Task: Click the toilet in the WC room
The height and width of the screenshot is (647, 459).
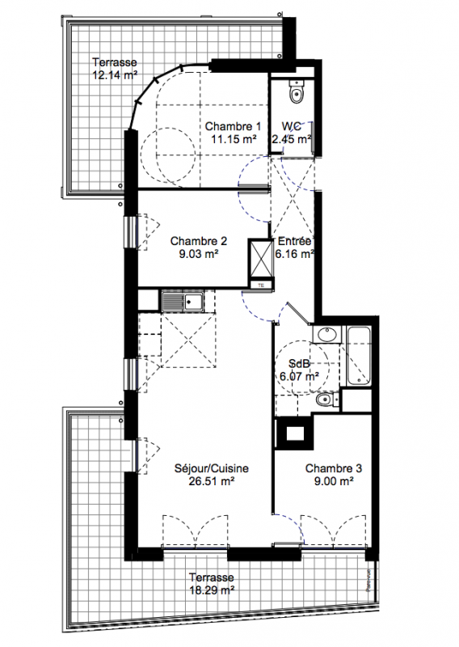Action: (x=297, y=91)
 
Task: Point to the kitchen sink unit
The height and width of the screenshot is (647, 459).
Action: (x=182, y=301)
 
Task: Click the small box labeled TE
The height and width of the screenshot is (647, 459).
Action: (x=261, y=285)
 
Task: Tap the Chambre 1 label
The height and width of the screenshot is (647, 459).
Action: (x=233, y=126)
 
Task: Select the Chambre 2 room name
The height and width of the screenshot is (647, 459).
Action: (x=198, y=240)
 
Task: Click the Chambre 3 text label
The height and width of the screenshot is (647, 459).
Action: (x=334, y=468)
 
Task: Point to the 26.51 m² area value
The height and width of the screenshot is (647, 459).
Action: (x=212, y=481)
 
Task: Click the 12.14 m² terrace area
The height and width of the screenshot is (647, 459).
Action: (x=115, y=75)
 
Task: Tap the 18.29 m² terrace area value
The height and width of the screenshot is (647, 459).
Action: (x=212, y=590)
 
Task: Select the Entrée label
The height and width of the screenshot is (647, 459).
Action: (x=294, y=241)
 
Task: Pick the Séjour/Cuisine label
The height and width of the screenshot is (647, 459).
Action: (x=212, y=468)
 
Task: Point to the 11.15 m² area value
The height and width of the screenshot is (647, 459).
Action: (x=234, y=139)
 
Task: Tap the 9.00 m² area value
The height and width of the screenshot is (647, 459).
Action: (x=334, y=481)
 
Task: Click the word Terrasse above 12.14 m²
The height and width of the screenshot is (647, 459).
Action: (x=115, y=62)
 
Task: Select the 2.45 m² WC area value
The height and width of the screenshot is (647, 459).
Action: (x=292, y=139)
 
